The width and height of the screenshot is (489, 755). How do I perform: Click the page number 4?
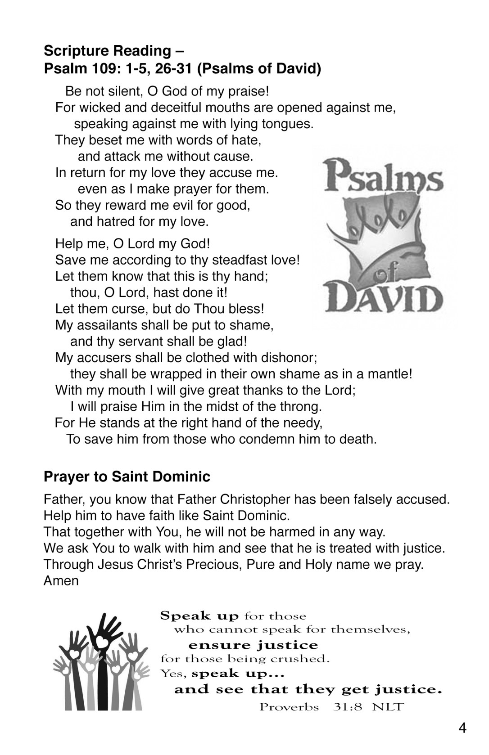tap(462, 728)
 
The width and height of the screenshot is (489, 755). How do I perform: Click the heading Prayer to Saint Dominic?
tap(127, 477)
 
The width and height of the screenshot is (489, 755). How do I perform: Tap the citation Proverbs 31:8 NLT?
tap(331, 707)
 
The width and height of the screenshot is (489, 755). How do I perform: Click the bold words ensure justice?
tap(253, 645)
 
